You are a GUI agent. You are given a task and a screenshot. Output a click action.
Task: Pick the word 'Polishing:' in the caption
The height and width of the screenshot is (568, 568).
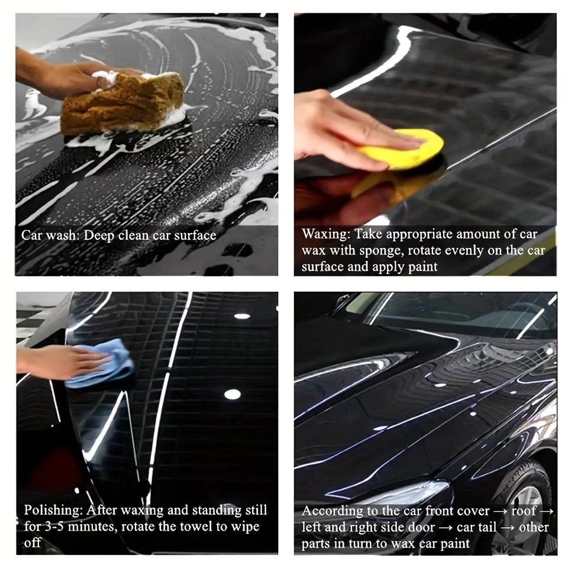coord(53,510)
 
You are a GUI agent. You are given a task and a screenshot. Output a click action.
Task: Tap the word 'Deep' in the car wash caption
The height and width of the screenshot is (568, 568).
coord(98,235)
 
